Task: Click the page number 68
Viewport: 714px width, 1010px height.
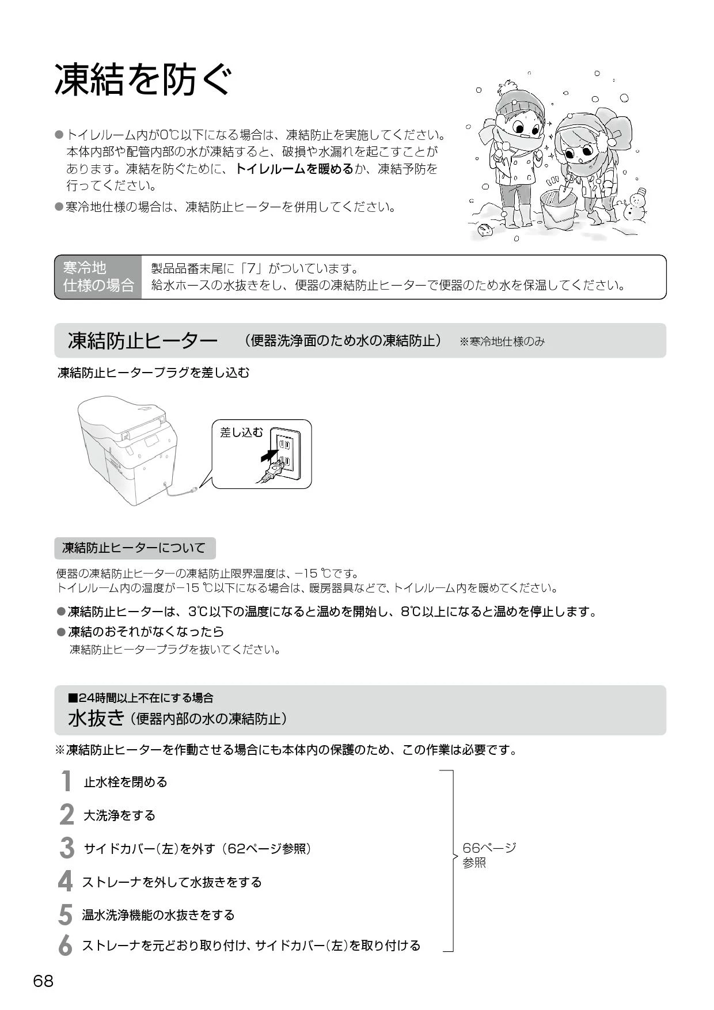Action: click(x=43, y=981)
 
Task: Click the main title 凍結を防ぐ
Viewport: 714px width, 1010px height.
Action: click(x=143, y=79)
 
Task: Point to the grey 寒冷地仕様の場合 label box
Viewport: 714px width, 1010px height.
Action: click(x=98, y=277)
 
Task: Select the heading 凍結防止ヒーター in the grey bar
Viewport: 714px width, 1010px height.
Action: click(x=142, y=341)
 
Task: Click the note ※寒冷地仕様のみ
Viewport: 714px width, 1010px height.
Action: click(x=502, y=342)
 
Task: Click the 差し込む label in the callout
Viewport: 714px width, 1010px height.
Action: click(x=241, y=432)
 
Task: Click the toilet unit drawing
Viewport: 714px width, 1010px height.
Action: click(x=128, y=446)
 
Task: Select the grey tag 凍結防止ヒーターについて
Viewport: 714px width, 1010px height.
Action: click(x=135, y=548)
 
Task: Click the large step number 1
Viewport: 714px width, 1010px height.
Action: click(x=67, y=781)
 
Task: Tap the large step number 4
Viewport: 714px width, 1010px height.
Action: click(x=66, y=882)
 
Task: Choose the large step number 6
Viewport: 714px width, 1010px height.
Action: click(x=66, y=946)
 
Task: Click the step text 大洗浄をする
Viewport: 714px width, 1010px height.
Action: click(x=120, y=815)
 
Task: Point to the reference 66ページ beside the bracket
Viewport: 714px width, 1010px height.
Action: click(x=489, y=848)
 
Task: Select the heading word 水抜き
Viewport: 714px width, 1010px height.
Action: click(x=96, y=718)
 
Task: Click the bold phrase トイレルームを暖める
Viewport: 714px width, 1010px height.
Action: click(x=294, y=169)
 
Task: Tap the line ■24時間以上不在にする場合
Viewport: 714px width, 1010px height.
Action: click(x=140, y=698)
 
